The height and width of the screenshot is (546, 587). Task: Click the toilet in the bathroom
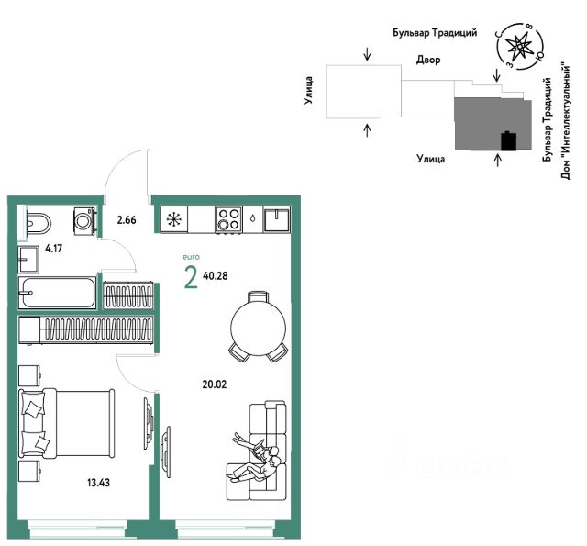[39, 225]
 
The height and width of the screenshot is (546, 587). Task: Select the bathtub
[57, 293]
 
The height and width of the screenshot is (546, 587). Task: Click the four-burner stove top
[228, 219]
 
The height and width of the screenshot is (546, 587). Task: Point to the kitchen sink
[277, 220]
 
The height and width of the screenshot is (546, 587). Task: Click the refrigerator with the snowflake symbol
[174, 219]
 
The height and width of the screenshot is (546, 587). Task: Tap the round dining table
[259, 328]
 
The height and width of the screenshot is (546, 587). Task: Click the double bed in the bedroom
[67, 423]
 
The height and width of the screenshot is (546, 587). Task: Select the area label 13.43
[98, 483]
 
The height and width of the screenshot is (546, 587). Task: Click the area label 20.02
[215, 384]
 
